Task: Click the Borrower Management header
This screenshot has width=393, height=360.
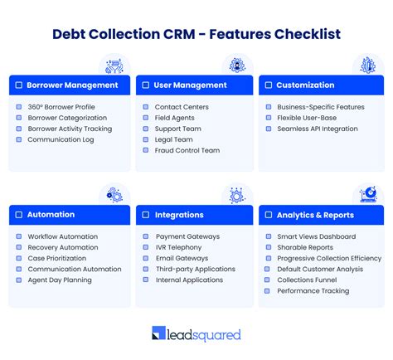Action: coord(70,85)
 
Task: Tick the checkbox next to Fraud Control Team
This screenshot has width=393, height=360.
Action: coord(147,151)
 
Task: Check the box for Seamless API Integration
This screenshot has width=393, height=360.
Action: coord(269,129)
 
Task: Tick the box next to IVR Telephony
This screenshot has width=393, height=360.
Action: coord(147,247)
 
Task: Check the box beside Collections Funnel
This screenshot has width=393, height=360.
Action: coord(269,280)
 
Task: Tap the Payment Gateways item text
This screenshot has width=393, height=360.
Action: coord(187,236)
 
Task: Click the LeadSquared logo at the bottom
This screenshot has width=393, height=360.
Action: coord(196,334)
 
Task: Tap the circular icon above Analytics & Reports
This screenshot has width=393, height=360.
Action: coord(368,195)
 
